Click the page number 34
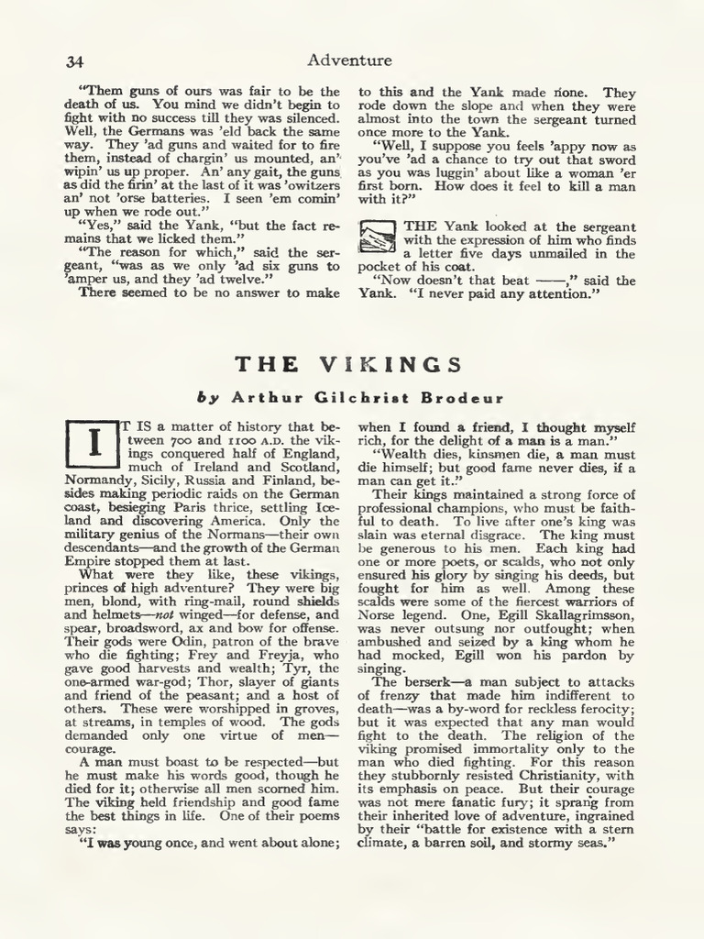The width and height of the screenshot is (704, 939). coord(75,61)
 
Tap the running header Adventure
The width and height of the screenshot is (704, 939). coord(349,61)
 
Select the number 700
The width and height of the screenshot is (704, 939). coord(180,440)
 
